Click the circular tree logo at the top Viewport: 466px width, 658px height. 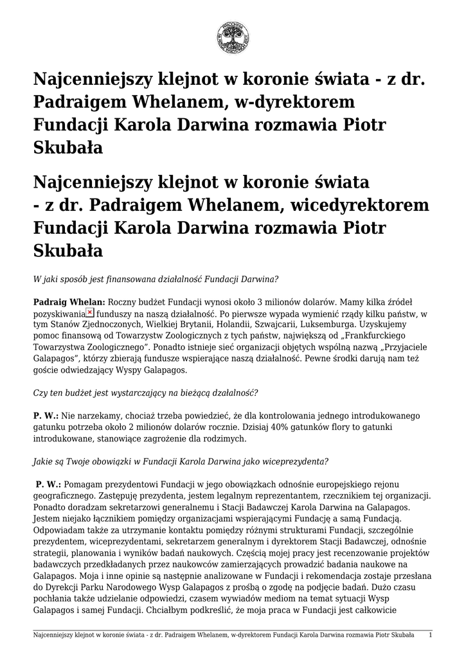[x=233, y=37]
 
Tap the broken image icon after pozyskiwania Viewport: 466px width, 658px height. [x=90, y=312]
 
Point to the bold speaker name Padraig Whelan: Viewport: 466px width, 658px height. [x=69, y=301]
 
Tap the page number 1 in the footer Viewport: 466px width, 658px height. [x=430, y=635]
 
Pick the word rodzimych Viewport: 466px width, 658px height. [x=220, y=439]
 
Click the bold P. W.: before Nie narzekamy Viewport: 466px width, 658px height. [x=46, y=416]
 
